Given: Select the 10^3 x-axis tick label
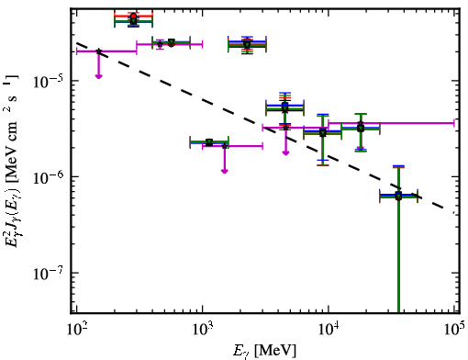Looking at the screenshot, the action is [x=203, y=329].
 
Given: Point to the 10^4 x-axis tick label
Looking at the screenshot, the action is [x=329, y=329].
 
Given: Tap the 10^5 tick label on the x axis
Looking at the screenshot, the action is [x=454, y=329].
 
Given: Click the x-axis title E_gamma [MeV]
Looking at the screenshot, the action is [x=264, y=351].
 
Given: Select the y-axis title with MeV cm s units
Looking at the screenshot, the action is [x=12, y=162].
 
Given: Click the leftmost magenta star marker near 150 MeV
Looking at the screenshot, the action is [x=98, y=51].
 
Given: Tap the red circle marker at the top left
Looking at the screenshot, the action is [x=133, y=17].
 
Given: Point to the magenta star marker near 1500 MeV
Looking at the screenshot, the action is [x=225, y=146].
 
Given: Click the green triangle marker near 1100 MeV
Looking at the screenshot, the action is [x=209, y=142].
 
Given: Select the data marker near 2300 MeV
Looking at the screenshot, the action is [x=247, y=45].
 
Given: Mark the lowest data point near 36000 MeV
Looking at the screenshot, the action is [x=398, y=196].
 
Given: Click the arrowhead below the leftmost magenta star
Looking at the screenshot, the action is [x=98, y=76].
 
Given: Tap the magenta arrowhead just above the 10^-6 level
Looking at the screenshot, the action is [x=225, y=171].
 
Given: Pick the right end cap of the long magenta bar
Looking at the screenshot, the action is [x=454, y=123].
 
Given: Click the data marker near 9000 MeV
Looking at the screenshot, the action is [x=323, y=132].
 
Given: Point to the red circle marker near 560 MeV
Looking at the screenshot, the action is [x=172, y=44].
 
